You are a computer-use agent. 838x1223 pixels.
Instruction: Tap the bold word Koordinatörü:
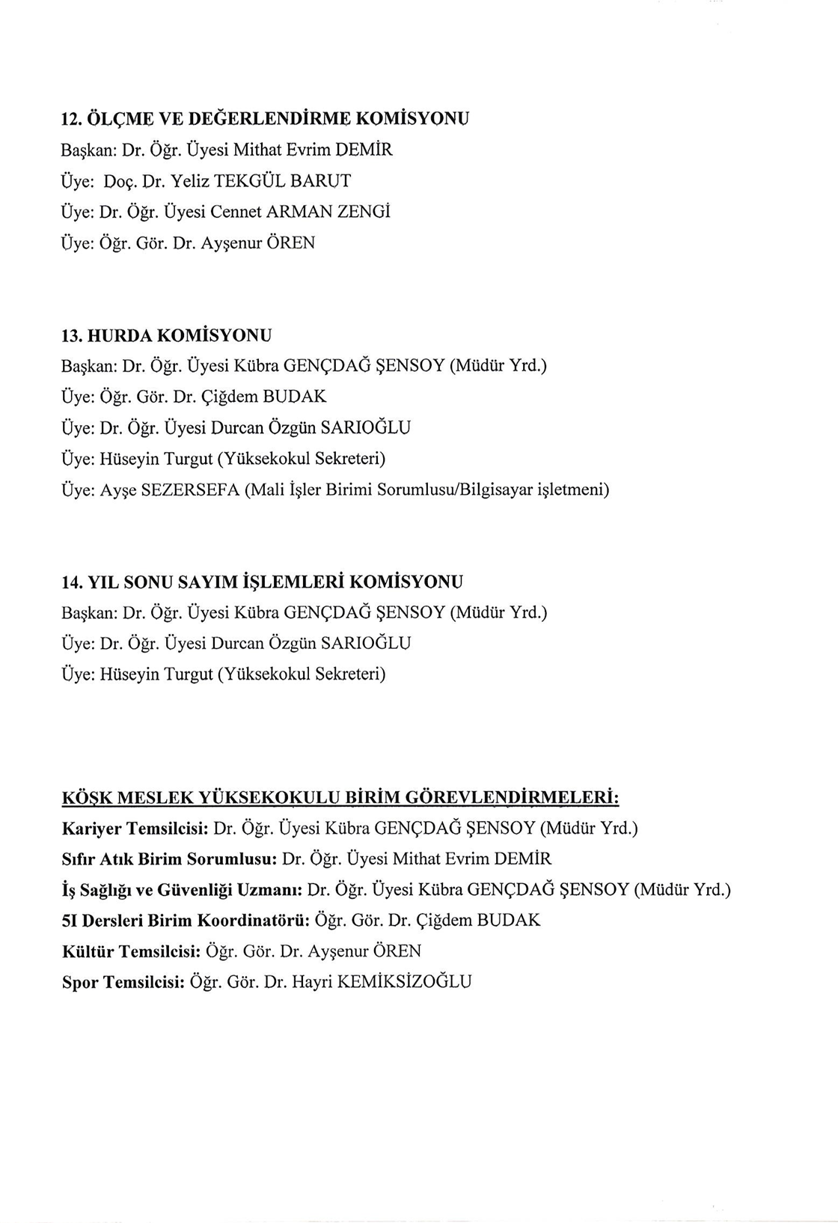[x=254, y=921]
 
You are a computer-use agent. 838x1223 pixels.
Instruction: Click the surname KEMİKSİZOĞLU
[x=405, y=982]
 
